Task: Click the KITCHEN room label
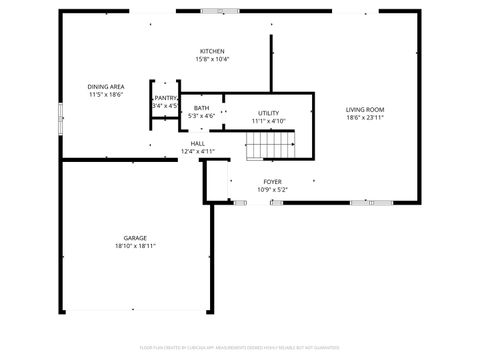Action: (x=212, y=51)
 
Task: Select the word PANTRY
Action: (x=166, y=98)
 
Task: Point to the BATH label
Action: (x=202, y=108)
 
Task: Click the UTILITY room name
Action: (x=268, y=113)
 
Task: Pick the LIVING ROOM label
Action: (x=365, y=109)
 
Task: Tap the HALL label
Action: (x=198, y=143)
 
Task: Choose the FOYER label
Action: (x=272, y=181)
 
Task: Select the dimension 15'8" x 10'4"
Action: (x=212, y=59)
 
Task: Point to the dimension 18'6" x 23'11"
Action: (x=365, y=117)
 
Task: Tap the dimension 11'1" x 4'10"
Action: (x=268, y=121)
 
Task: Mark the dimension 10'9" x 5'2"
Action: (x=272, y=189)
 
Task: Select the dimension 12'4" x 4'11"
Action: (x=198, y=151)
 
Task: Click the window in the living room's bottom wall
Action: (x=364, y=203)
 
